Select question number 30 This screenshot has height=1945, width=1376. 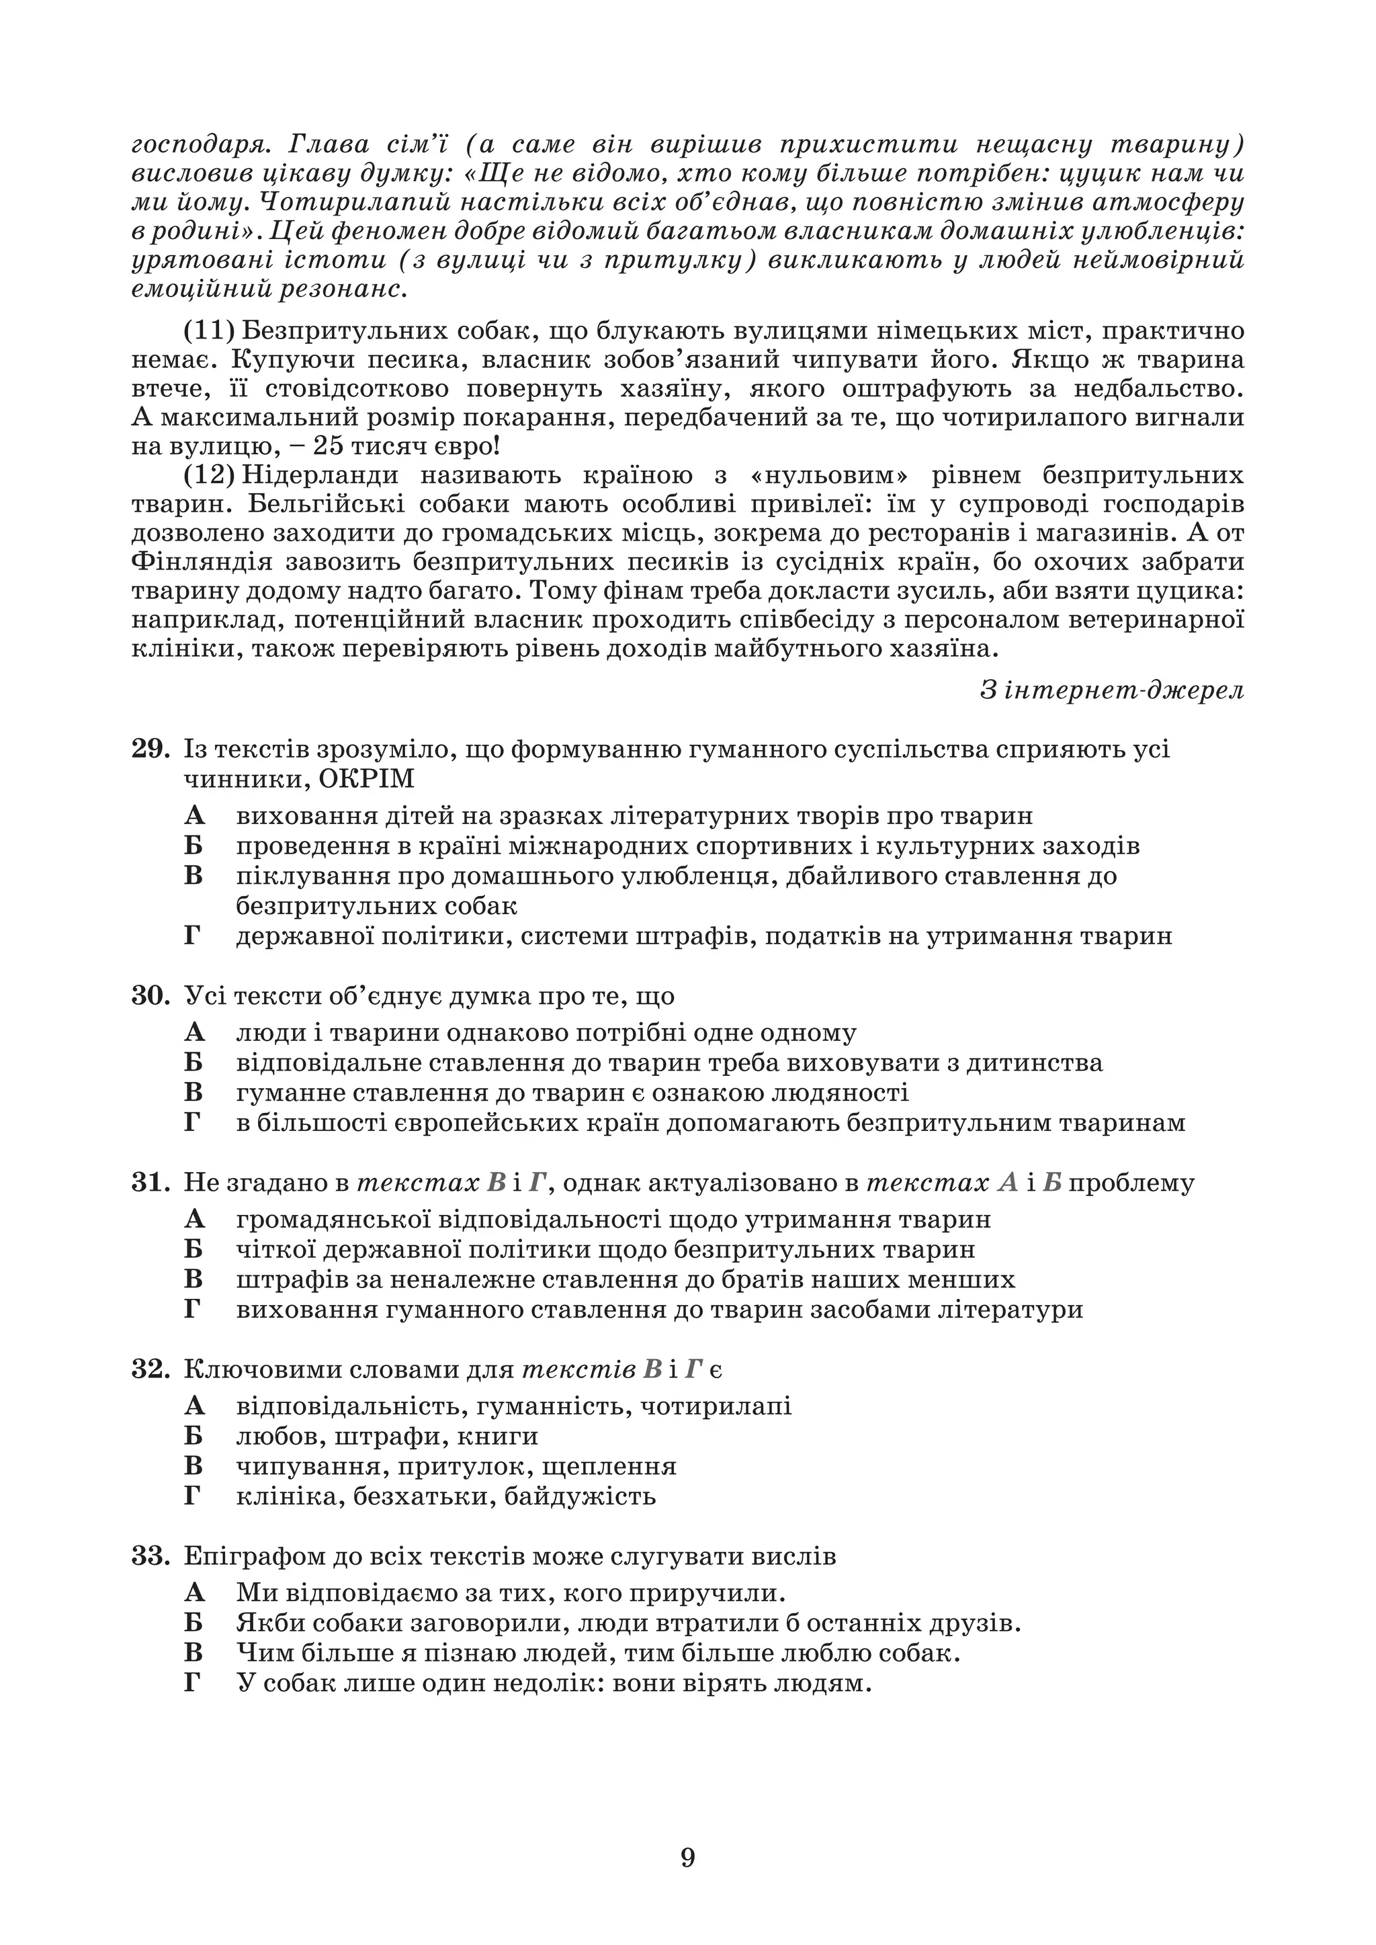click(150, 995)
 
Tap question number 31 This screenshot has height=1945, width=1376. click(150, 1183)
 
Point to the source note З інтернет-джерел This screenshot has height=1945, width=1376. click(1112, 690)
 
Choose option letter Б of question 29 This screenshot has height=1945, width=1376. click(194, 846)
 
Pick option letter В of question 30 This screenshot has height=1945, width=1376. click(194, 1093)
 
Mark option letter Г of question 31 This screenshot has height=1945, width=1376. click(193, 1309)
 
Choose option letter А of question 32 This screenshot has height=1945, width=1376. click(194, 1406)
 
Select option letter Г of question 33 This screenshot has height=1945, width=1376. click(193, 1682)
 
